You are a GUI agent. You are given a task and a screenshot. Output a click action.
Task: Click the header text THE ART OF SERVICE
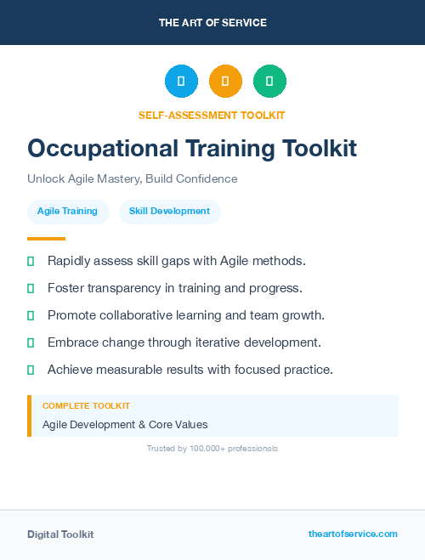point(212,23)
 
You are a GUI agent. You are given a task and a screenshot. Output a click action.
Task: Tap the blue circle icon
point(181,82)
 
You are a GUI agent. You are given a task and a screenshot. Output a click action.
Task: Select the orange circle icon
point(225,82)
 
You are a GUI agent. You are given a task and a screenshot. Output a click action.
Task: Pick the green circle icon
point(269,82)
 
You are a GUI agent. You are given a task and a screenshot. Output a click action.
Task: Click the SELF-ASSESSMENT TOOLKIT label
point(212,115)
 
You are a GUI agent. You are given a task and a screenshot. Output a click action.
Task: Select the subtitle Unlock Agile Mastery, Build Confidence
point(132,179)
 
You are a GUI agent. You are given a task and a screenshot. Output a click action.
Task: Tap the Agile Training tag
point(67,211)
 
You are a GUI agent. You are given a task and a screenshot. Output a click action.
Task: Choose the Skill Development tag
point(169,211)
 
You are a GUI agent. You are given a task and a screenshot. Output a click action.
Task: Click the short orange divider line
point(46,239)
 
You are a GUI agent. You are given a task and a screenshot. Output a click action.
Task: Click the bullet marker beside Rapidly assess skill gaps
point(31,261)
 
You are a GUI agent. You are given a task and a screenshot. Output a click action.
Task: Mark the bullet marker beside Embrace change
point(31,342)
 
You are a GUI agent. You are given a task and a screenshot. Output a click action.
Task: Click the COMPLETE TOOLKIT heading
point(86,406)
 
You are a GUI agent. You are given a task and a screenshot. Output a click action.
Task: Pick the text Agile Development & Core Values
point(125,424)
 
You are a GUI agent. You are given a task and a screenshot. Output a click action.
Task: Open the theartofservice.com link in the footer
point(353,534)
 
